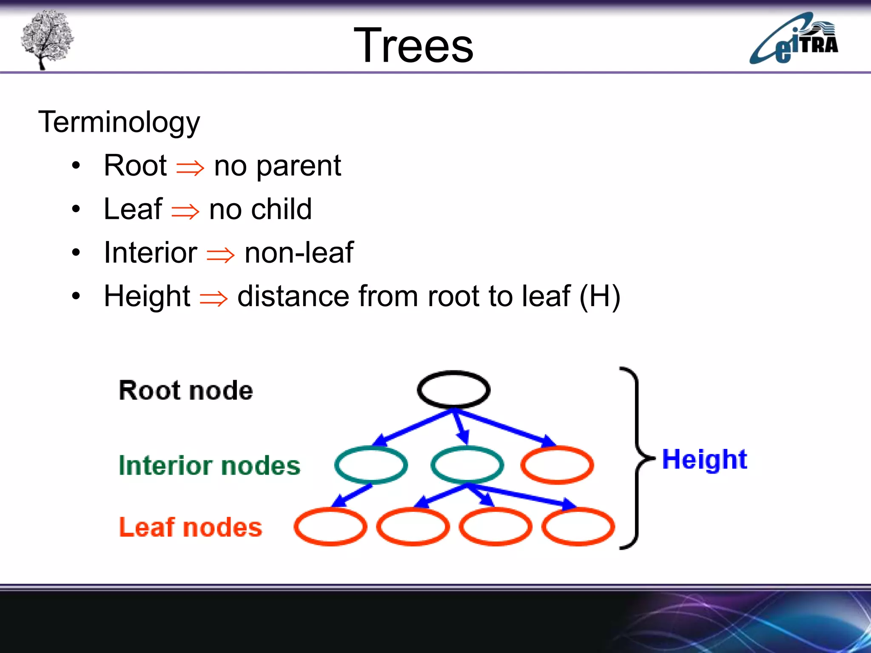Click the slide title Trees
point(413,45)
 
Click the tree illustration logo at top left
point(47,39)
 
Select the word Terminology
point(119,122)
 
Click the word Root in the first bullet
point(135,165)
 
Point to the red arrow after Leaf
point(185,211)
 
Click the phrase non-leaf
point(299,253)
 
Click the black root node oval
point(453,389)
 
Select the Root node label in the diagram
point(186,390)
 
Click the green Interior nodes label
point(209,465)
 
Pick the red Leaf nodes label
point(190,527)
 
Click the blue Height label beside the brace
point(704,460)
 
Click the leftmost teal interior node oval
point(370,465)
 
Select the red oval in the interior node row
point(557,465)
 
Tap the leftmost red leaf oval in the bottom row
point(330,527)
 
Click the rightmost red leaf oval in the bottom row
point(578,527)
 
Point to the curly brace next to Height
point(636,458)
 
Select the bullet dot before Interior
point(76,253)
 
